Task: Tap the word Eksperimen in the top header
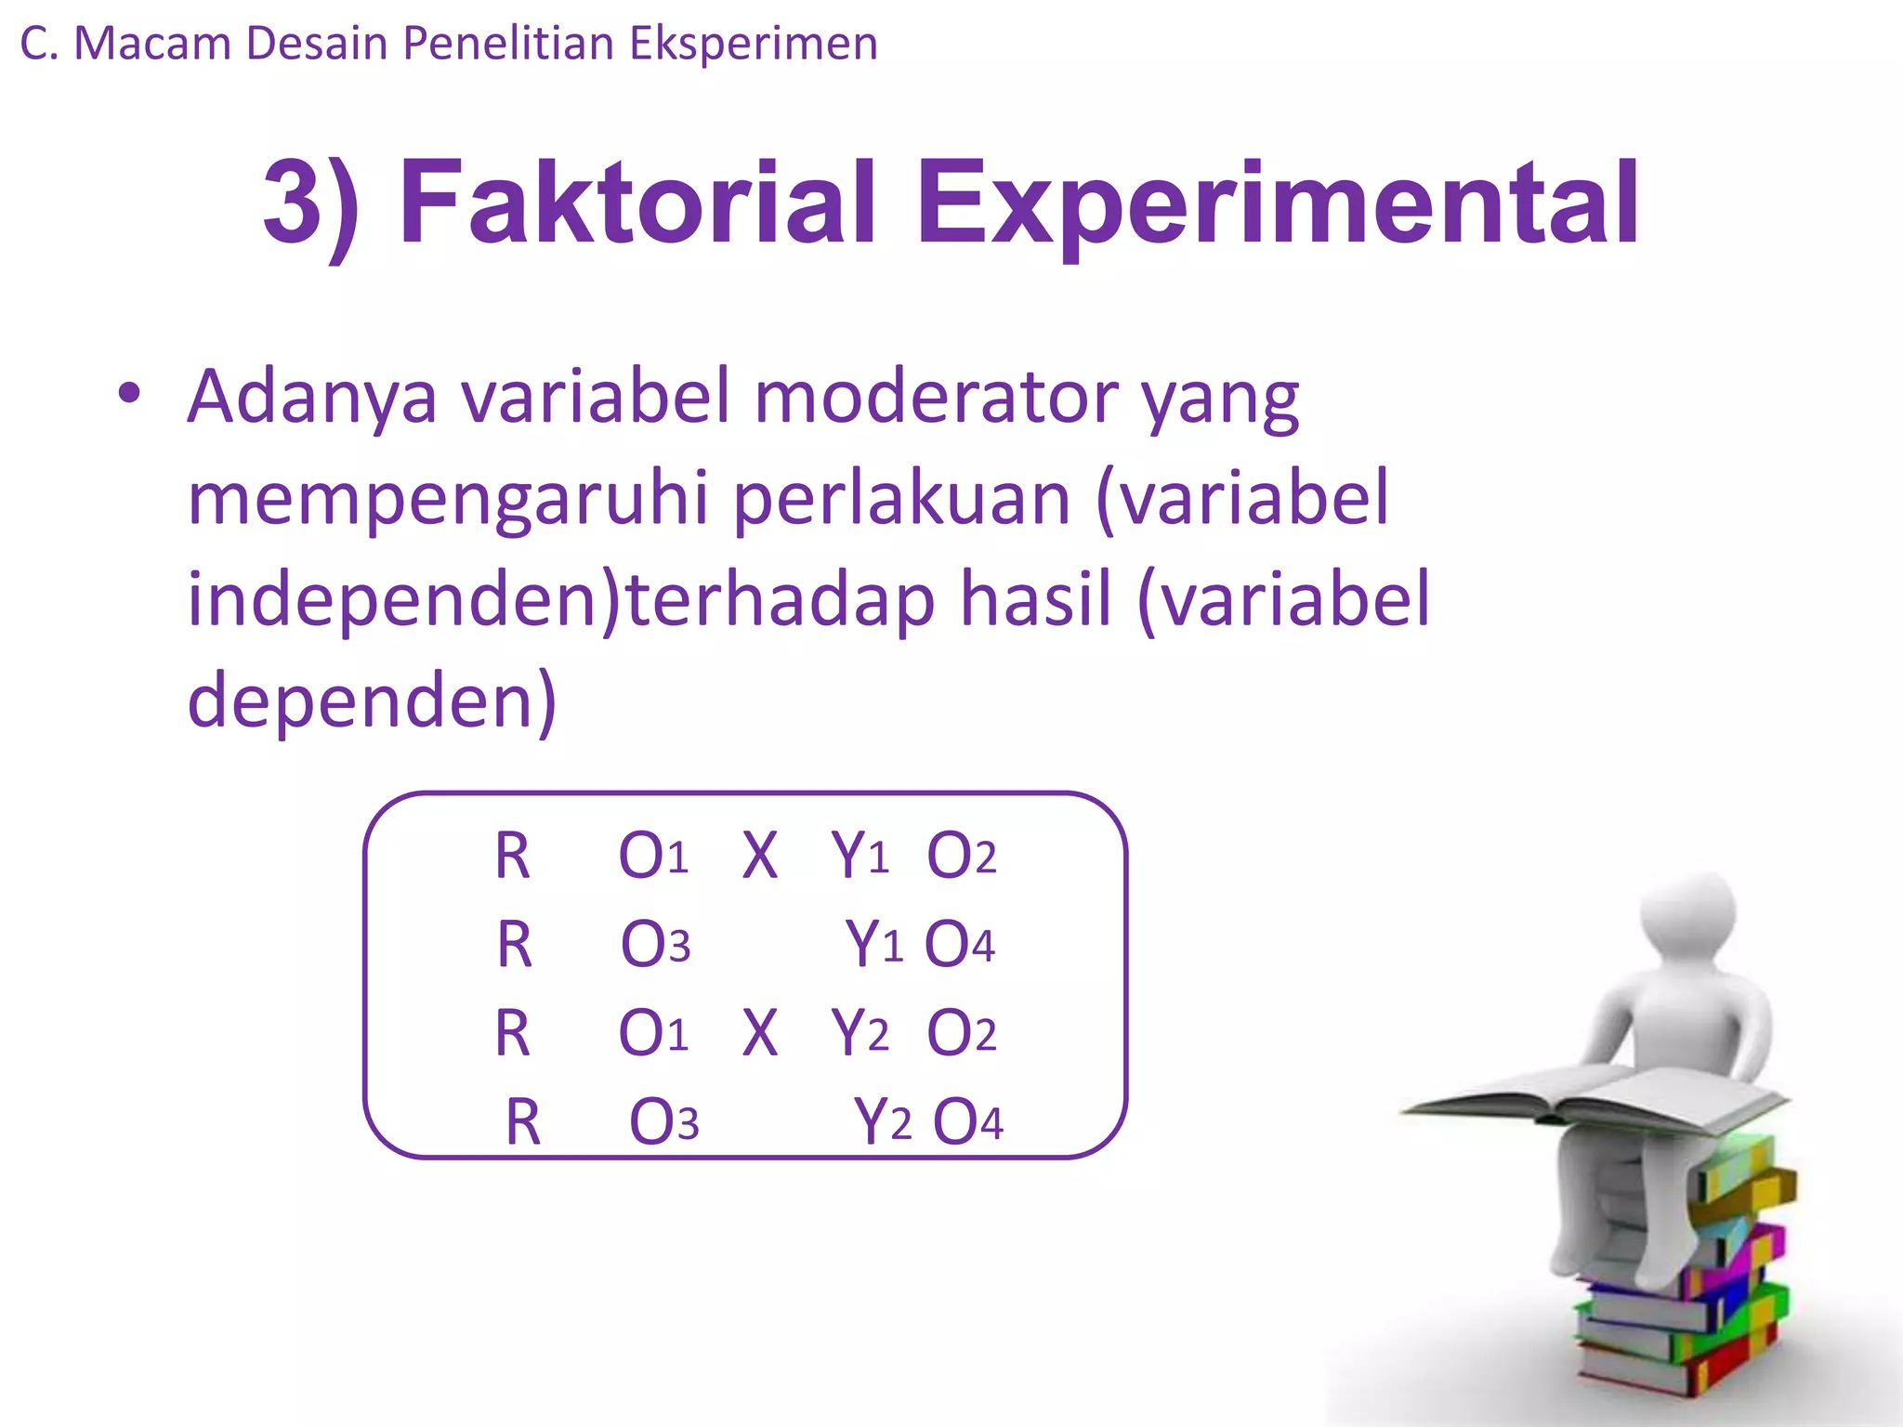click(753, 44)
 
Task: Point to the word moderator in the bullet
click(937, 397)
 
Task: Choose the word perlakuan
click(901, 499)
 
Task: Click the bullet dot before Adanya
click(129, 394)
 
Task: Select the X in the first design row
click(759, 856)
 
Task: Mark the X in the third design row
click(759, 1033)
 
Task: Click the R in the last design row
click(522, 1122)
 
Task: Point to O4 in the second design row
click(959, 944)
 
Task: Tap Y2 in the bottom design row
click(882, 1122)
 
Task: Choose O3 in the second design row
click(655, 944)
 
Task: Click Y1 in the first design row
click(860, 856)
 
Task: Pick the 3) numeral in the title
click(310, 204)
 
